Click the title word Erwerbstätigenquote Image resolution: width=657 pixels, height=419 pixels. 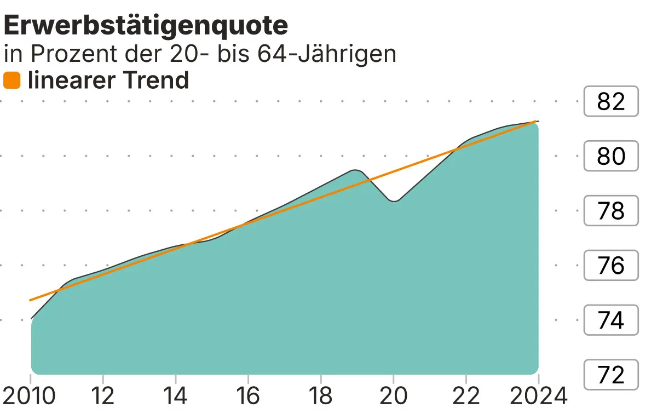146,26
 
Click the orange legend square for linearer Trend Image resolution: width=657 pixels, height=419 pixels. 11,81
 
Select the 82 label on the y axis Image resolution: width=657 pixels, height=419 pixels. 611,101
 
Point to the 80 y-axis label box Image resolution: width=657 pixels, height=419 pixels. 611,156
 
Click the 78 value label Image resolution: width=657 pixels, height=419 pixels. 611,211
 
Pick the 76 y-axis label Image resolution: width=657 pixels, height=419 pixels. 611,266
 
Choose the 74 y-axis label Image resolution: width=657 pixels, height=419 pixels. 611,320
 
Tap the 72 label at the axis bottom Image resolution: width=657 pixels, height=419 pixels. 611,375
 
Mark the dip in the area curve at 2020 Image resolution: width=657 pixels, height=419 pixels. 394,201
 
